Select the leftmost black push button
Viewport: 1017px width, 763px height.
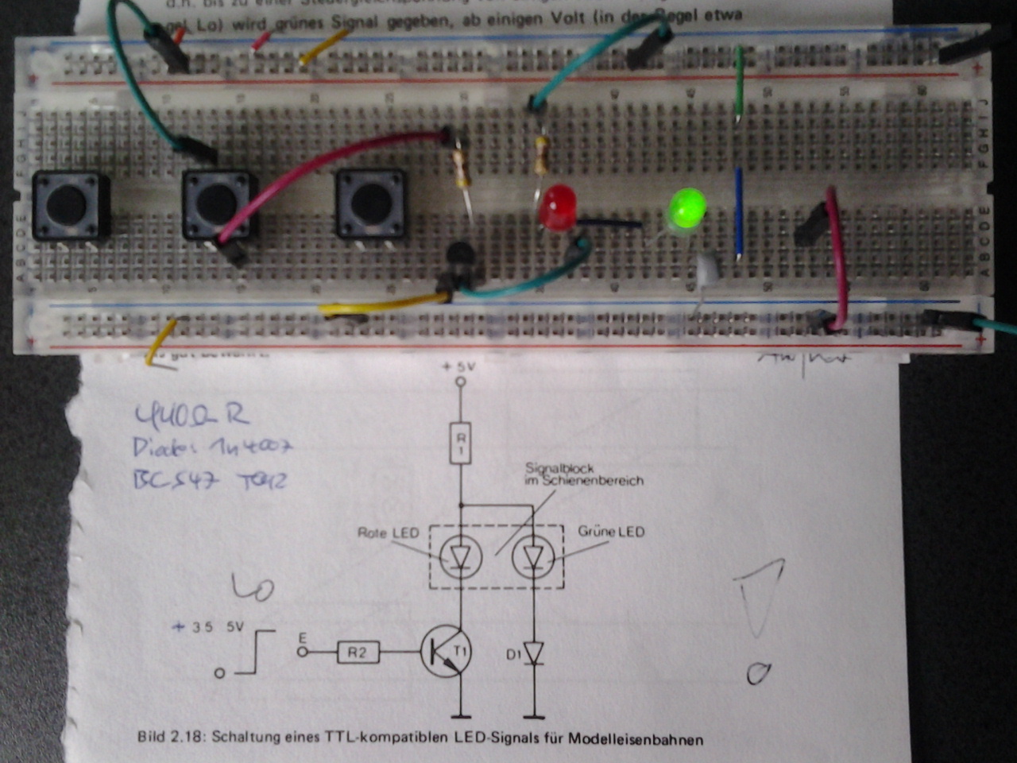tap(71, 206)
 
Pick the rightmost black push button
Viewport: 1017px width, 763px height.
tap(371, 204)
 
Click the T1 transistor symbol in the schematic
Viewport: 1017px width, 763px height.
tap(446, 651)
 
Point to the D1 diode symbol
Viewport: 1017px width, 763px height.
tap(534, 654)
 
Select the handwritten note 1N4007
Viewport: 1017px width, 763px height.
tap(246, 447)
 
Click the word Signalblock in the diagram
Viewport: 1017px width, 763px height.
tap(559, 468)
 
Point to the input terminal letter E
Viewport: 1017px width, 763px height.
tap(301, 637)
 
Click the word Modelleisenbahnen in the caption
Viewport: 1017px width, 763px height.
tap(635, 740)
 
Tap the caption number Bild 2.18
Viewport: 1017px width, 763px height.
tap(170, 737)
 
